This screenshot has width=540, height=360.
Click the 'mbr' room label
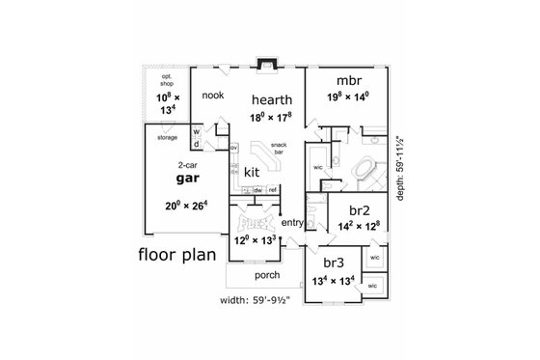(348, 80)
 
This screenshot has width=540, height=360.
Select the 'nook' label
(213, 96)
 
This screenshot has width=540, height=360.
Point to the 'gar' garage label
(187, 179)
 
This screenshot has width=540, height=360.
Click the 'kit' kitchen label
(251, 172)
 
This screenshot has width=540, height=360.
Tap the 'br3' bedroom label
(333, 263)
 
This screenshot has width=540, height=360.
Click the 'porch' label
(267, 275)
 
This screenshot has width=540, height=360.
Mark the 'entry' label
(293, 223)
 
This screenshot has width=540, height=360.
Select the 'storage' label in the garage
(167, 138)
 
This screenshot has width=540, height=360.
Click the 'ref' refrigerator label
(272, 189)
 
